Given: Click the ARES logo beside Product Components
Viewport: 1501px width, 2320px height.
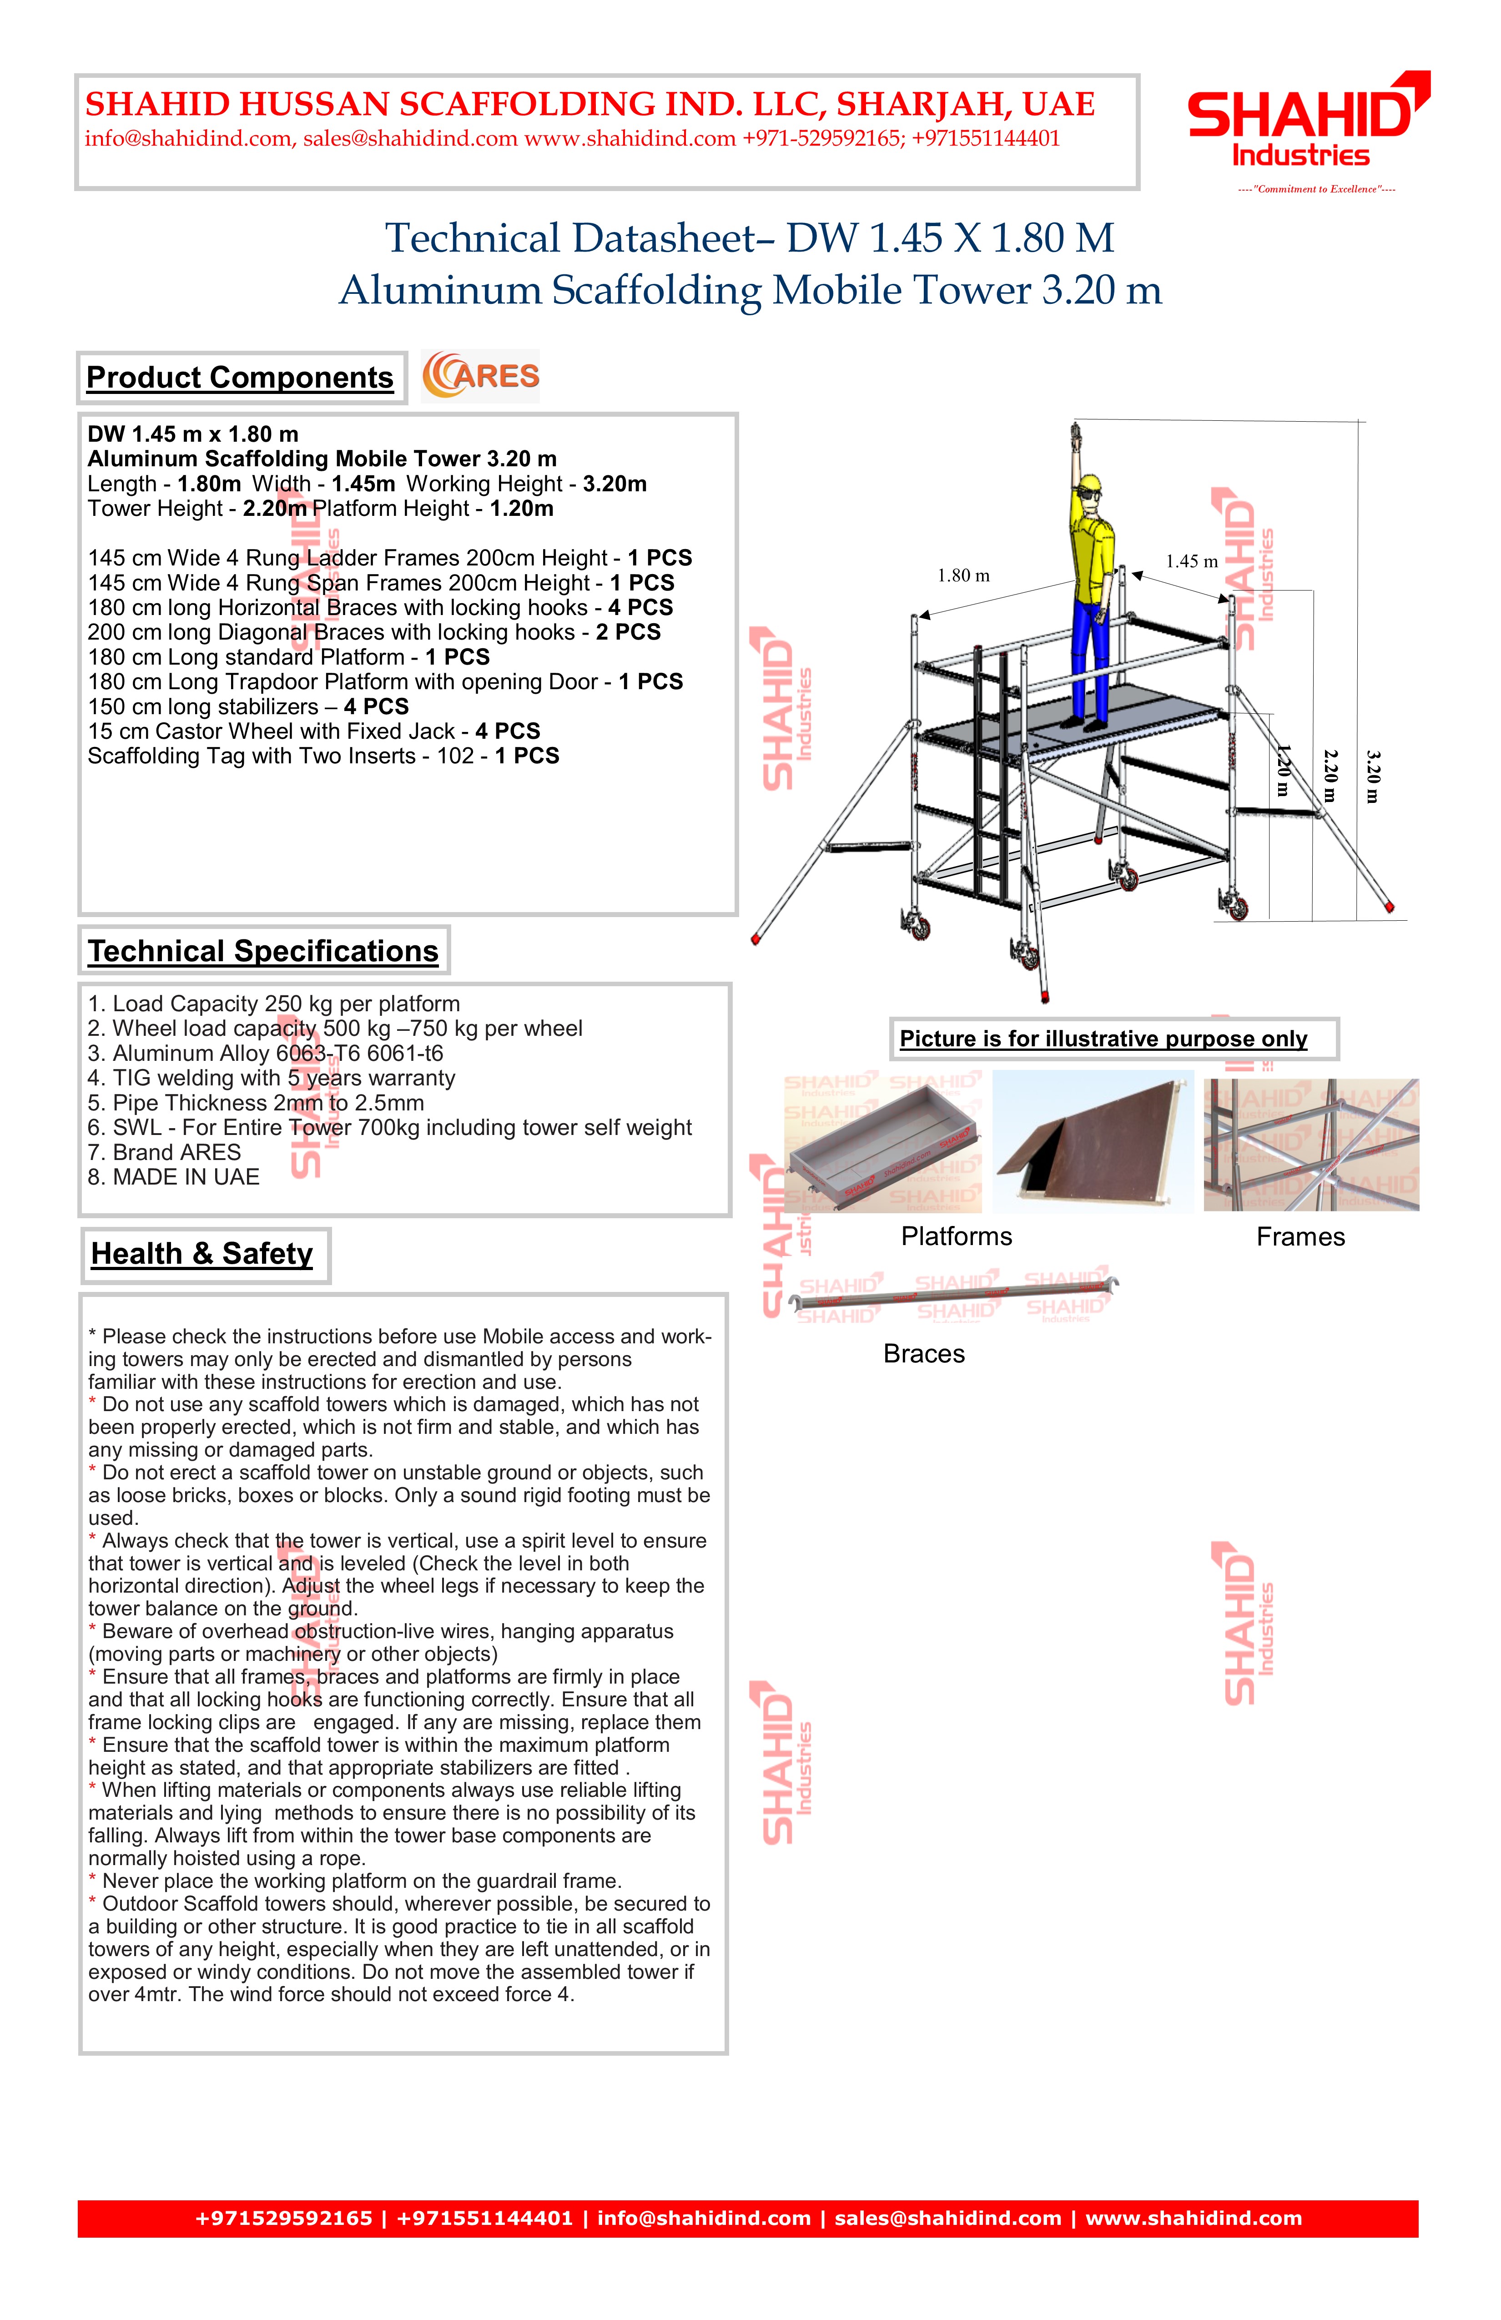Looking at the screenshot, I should click(480, 376).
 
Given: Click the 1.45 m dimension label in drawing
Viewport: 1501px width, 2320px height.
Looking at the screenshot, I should click(1191, 561).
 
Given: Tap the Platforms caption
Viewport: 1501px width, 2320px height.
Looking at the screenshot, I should click(956, 1237).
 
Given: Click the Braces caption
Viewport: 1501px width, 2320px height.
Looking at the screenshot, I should click(923, 1354).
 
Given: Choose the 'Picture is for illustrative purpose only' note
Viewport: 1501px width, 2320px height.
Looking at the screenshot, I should click(1103, 1039).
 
